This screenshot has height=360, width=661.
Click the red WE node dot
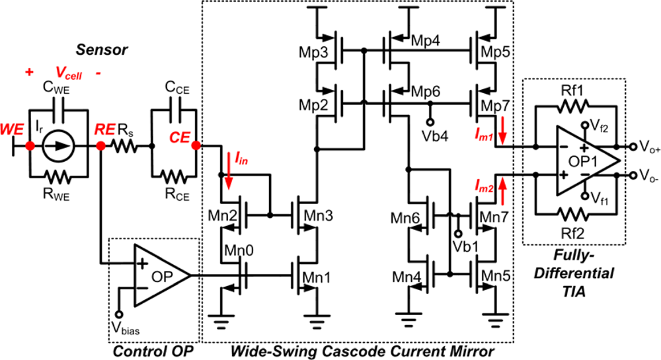[x=29, y=146]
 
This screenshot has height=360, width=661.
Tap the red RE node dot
[x=100, y=146]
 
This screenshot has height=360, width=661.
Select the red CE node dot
[x=196, y=146]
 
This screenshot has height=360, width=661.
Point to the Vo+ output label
[x=644, y=146]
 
